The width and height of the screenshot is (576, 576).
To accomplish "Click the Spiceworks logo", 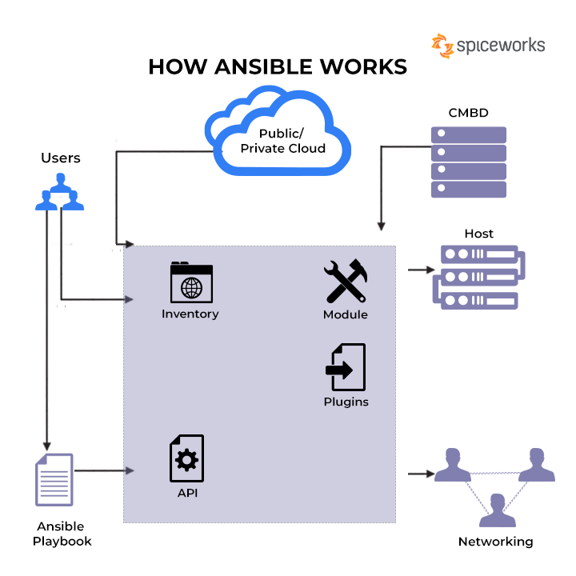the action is point(488,46).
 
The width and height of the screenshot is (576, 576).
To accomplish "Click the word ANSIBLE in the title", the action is point(264,67).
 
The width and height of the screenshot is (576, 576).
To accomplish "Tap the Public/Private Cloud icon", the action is point(278,130).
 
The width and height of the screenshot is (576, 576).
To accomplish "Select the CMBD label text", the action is point(468,113).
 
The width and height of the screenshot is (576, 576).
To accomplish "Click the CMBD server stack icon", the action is point(469,162).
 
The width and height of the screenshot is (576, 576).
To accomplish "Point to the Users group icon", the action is point(59,192).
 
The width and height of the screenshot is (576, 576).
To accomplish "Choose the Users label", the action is point(61,158).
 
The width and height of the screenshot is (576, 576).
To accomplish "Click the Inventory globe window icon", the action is point(191,282).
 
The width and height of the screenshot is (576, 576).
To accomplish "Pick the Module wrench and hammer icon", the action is point(346,281).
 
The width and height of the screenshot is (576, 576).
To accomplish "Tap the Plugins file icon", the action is point(346,367).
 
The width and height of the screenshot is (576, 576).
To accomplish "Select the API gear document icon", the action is point(186,458).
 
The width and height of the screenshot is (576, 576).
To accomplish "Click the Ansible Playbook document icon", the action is point(54,479).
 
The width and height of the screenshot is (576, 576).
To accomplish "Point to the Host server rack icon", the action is point(479,278).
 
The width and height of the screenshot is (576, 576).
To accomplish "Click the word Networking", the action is point(495,542).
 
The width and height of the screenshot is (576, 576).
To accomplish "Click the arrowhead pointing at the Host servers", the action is point(430,270).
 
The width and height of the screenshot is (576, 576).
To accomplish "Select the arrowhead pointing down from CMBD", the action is point(382,226).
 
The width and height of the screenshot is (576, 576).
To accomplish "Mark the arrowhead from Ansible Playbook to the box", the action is point(130,470).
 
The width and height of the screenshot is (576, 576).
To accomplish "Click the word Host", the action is point(478,234).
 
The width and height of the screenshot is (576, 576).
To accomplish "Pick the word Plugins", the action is point(346,402).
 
